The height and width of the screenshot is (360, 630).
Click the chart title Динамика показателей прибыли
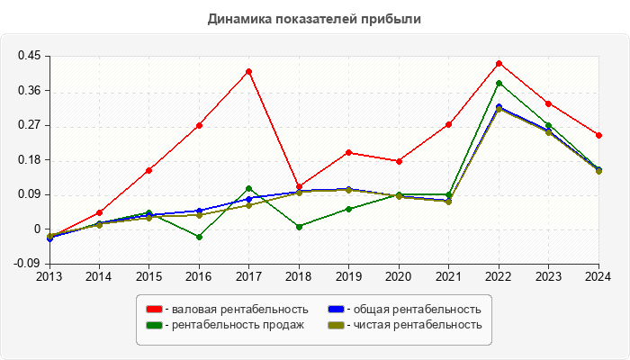[x=314, y=18]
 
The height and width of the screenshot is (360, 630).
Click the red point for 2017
[x=248, y=71]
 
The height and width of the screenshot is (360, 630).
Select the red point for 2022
[x=499, y=63]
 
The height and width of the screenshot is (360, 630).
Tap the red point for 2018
[x=299, y=186]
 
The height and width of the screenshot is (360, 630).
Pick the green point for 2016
[x=199, y=237]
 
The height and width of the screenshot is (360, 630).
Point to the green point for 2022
[x=499, y=83]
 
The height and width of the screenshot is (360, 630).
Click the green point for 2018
[x=299, y=227]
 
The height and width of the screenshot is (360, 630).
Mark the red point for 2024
[x=598, y=135]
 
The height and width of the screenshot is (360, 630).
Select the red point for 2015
[x=148, y=170]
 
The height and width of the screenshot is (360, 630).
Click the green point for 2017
[x=248, y=188]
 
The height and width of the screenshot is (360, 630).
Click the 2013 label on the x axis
[x=49, y=276]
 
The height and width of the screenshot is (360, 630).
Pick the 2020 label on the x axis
[x=399, y=276]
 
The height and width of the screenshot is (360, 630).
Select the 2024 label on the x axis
[x=598, y=276]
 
